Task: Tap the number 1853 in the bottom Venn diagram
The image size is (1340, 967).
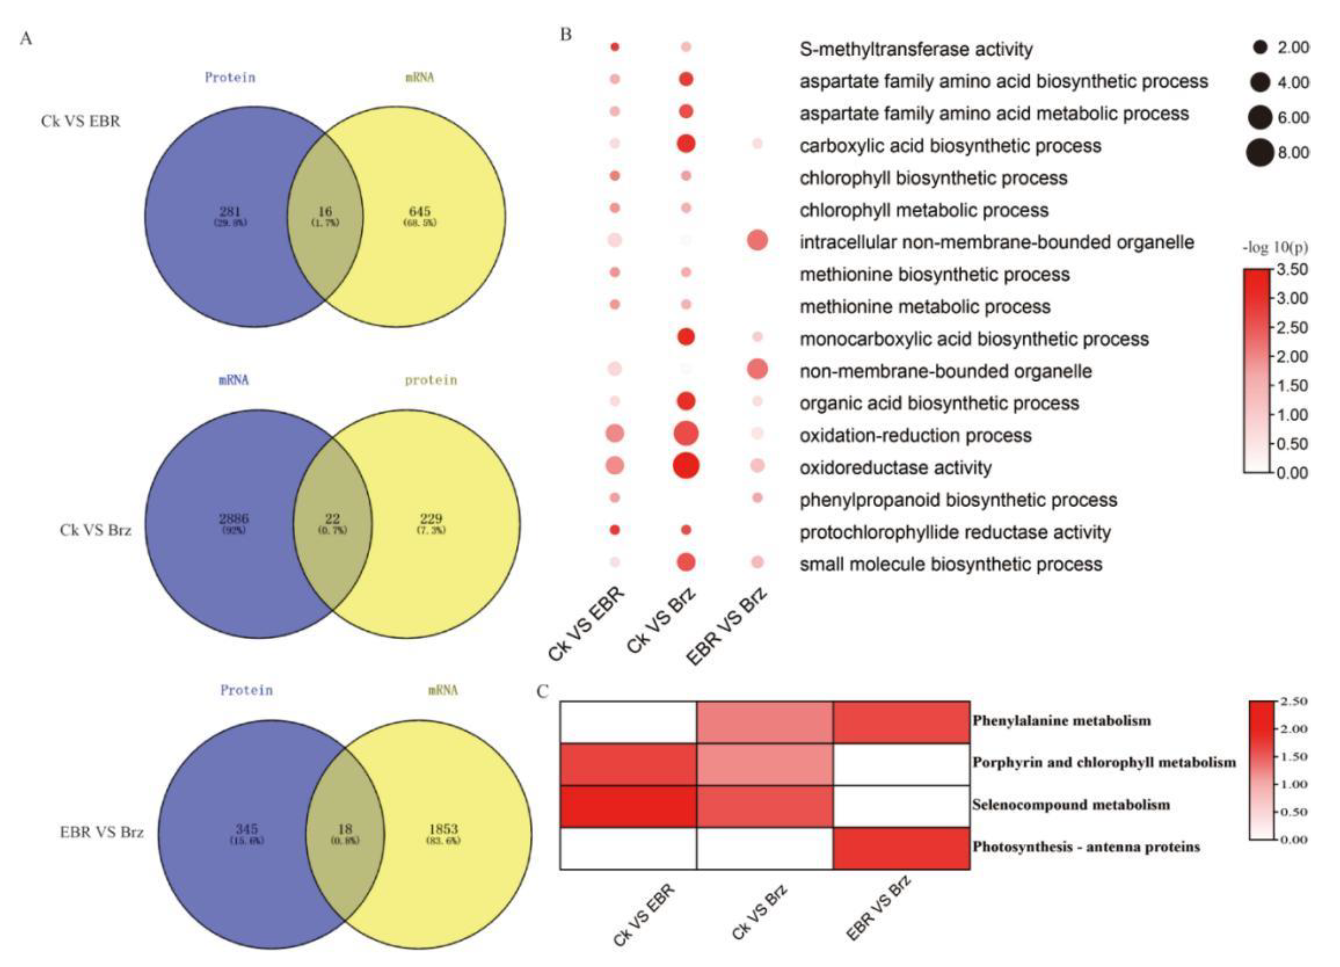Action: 443,829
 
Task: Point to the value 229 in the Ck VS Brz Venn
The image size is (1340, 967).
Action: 431,519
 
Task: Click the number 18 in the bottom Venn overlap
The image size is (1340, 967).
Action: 344,829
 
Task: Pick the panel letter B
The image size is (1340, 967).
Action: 565,35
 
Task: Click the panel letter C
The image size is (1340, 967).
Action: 542,691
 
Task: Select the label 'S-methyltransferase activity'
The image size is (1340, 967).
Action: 916,49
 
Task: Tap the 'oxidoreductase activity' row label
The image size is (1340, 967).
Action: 895,468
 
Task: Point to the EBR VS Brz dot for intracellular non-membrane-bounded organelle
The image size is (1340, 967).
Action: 757,241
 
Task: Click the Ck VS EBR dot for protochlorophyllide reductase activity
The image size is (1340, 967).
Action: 615,530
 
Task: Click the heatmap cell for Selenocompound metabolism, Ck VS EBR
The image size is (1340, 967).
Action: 628,806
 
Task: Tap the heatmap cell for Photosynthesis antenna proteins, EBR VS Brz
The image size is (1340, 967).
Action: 901,848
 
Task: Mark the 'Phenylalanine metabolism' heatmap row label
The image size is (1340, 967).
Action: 1061,720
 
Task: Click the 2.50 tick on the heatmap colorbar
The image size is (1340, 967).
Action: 1293,702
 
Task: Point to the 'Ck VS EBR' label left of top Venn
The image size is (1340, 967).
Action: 80,121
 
